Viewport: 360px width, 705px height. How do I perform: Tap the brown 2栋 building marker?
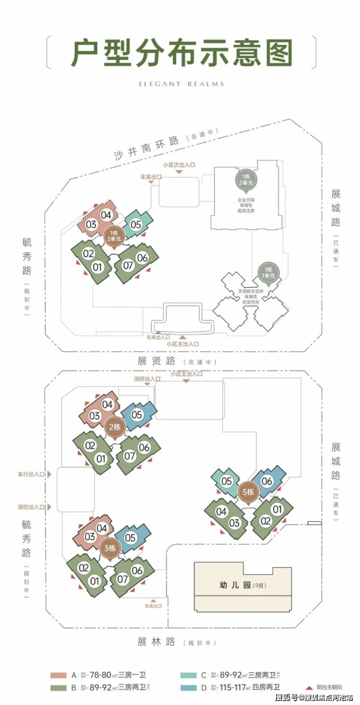(x=115, y=427)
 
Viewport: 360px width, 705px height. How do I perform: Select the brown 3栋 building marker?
(x=110, y=548)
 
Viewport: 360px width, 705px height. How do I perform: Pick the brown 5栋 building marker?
(x=248, y=492)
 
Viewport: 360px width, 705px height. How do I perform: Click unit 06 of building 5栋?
(x=267, y=481)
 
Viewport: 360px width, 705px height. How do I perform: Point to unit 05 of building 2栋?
(x=137, y=415)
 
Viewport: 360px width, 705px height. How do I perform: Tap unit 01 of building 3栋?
(x=94, y=581)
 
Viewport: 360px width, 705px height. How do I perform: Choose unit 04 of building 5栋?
(x=221, y=511)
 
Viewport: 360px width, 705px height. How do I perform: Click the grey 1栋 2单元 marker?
(x=245, y=179)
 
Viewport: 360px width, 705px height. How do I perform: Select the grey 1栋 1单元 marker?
(x=269, y=272)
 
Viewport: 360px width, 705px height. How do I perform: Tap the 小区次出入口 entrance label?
(x=179, y=165)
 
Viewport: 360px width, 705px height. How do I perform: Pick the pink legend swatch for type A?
(x=58, y=675)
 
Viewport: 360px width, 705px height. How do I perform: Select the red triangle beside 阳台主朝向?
(x=308, y=687)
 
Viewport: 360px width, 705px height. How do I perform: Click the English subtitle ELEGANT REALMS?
(x=181, y=84)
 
